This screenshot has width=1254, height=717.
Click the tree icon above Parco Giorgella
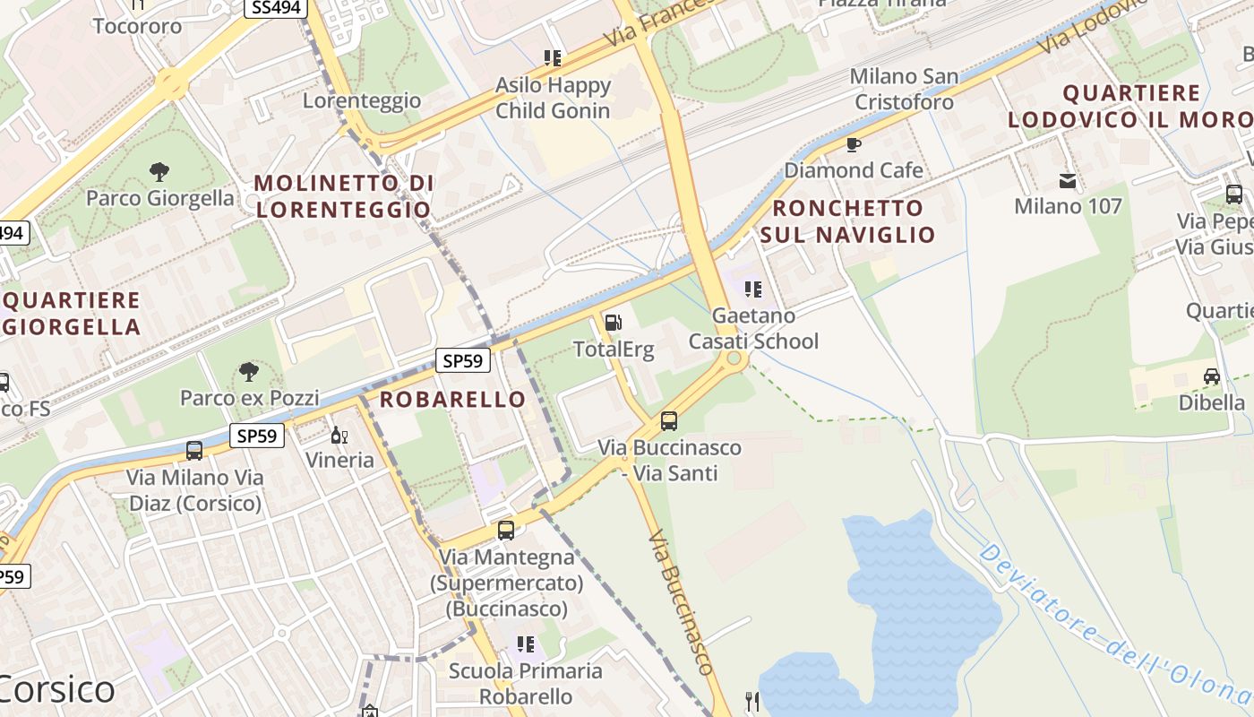click(159, 171)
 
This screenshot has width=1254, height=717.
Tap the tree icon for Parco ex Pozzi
click(249, 371)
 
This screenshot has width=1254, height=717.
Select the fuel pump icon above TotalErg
click(614, 323)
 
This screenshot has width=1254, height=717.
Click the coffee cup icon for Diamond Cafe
click(854, 144)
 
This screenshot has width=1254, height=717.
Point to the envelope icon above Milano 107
click(1068, 181)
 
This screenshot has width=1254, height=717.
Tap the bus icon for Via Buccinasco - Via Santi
click(669, 420)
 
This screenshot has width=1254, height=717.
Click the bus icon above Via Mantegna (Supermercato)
click(506, 531)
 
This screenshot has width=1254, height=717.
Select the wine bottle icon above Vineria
click(339, 436)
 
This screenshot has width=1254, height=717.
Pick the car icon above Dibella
click(1212, 376)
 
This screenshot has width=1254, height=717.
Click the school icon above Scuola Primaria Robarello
click(526, 644)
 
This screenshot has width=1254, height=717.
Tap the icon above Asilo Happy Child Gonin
click(553, 58)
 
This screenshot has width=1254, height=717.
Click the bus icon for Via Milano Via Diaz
click(194, 451)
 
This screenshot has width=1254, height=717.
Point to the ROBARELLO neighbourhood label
click(453, 400)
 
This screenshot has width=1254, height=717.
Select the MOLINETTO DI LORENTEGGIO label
click(344, 196)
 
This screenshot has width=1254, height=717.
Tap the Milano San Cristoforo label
click(904, 90)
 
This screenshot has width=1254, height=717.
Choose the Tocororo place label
click(137, 25)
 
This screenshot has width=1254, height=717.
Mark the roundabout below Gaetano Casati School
click(734, 359)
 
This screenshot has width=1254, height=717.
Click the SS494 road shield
click(276, 8)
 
